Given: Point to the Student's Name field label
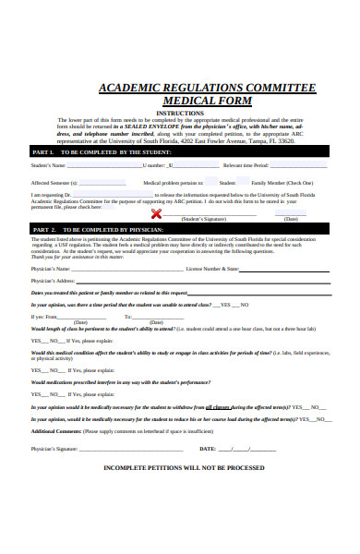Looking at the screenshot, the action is (48, 165).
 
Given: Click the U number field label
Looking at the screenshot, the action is (153, 165).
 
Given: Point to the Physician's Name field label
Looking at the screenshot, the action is (50, 268).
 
